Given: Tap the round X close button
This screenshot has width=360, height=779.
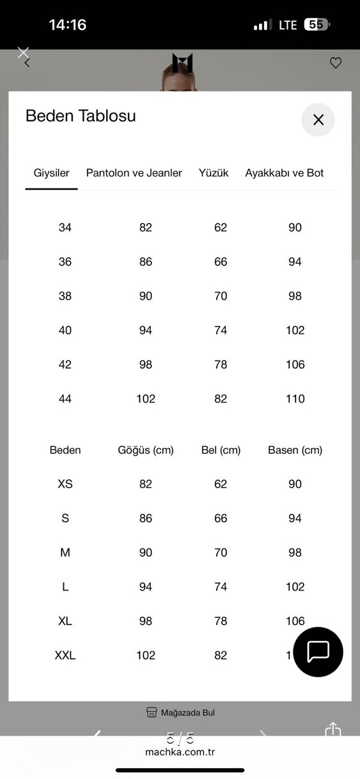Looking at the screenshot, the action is pos(318,120).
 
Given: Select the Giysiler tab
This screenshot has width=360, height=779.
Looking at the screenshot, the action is pos(51,173).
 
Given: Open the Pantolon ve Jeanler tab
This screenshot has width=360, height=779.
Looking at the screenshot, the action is pos(134,173).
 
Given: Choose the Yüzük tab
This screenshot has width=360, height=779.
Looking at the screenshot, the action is pos(214,173).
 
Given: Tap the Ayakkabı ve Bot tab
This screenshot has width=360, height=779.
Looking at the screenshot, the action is pos(285,173).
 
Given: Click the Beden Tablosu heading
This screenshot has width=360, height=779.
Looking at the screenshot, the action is pos(81,116).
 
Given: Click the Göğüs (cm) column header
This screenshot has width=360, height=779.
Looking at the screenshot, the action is pos(146,450).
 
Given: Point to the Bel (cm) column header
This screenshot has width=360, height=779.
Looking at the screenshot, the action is pos(221,450).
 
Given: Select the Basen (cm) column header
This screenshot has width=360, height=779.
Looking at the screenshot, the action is pos(295,450).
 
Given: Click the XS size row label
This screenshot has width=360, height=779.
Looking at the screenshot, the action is pos(65,484).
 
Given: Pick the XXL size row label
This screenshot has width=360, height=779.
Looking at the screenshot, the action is pos(65,655).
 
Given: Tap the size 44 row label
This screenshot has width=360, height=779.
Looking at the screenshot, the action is pos(65,399).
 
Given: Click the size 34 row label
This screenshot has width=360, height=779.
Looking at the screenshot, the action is pos(65,228).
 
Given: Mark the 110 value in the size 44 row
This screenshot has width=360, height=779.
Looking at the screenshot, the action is pos(295,399).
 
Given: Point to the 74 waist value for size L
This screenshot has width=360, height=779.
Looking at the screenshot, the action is pos(221,587).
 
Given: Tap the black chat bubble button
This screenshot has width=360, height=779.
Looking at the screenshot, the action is pos(318,652).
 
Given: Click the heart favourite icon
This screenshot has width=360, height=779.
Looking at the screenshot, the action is pos(336,63).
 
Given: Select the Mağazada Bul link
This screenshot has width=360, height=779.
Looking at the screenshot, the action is pos(180,713).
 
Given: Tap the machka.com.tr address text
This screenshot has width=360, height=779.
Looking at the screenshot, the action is pos(180,752).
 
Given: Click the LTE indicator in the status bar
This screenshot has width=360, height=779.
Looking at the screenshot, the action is pos(288,25).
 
